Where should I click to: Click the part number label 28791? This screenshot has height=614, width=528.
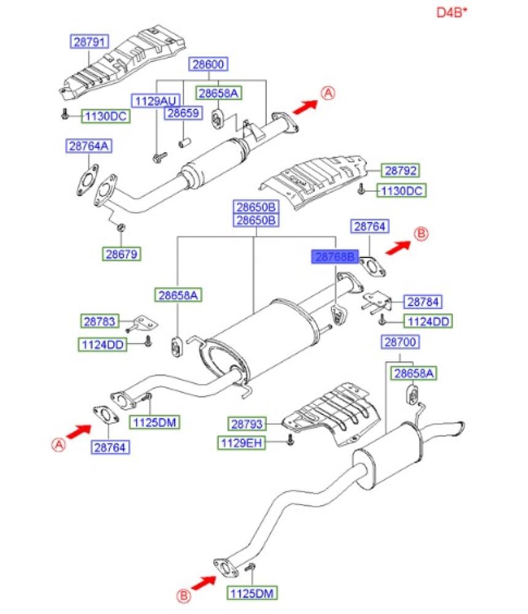(88, 42)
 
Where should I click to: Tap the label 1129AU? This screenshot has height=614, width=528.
(151, 100)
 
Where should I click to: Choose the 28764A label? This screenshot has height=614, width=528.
(90, 146)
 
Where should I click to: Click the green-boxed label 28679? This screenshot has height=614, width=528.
(121, 253)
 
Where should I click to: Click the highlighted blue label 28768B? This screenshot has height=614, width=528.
(334, 258)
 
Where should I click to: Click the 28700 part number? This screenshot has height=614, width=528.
(400, 341)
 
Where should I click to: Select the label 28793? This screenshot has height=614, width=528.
(247, 423)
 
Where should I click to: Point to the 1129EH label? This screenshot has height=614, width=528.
(241, 442)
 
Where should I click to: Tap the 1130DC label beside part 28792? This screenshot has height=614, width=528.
(401, 191)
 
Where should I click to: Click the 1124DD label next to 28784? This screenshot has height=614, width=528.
(427, 321)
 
